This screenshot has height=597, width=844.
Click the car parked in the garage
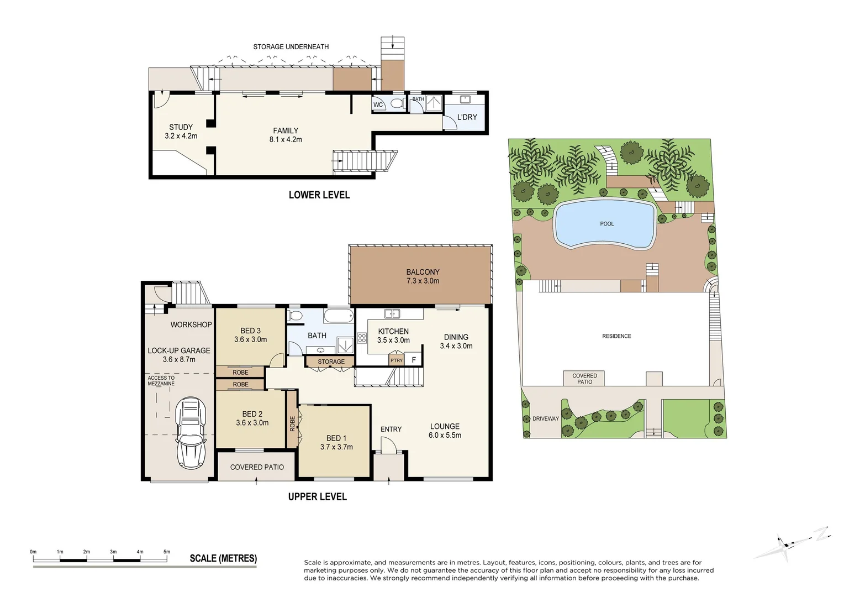pyautogui.click(x=191, y=432)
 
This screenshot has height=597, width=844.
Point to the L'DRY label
pyautogui.click(x=467, y=117)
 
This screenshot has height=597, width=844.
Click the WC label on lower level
pyautogui.click(x=378, y=105)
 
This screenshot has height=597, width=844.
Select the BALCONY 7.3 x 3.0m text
pyautogui.click(x=423, y=276)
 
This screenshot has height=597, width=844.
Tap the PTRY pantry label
pyautogui.click(x=396, y=360)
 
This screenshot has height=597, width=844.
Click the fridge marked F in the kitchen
pyautogui.click(x=414, y=360)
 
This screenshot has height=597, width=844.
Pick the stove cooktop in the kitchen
pyautogui.click(x=362, y=338)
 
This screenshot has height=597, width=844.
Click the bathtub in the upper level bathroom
pyautogui.click(x=338, y=317)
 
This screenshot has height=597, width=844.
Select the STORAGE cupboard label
pyautogui.click(x=331, y=362)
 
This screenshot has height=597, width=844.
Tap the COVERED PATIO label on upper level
pyautogui.click(x=257, y=467)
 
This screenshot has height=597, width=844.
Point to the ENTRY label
pyautogui.click(x=391, y=429)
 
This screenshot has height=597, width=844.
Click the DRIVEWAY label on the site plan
pyautogui.click(x=545, y=418)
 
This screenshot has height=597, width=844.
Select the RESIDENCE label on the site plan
pyautogui.click(x=616, y=336)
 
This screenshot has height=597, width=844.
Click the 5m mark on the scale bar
pyautogui.click(x=167, y=552)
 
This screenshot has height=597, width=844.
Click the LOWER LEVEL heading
pyautogui.click(x=319, y=195)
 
